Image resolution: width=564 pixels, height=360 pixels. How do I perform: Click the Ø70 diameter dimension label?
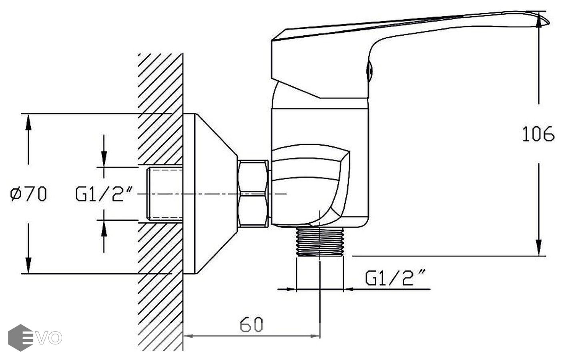[28, 194]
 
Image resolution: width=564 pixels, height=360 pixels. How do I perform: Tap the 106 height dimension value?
[538, 134]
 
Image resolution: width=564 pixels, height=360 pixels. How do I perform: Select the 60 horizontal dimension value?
[251, 324]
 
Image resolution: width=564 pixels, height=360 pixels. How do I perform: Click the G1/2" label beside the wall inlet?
[104, 194]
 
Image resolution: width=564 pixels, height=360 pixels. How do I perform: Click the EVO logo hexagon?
[21, 338]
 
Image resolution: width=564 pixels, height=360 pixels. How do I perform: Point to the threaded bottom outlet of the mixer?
[320, 242]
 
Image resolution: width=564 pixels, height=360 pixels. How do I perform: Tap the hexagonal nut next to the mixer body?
[253, 194]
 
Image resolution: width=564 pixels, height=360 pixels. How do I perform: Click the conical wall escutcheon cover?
[210, 194]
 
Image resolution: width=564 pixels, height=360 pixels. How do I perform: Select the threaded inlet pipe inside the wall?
[165, 194]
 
